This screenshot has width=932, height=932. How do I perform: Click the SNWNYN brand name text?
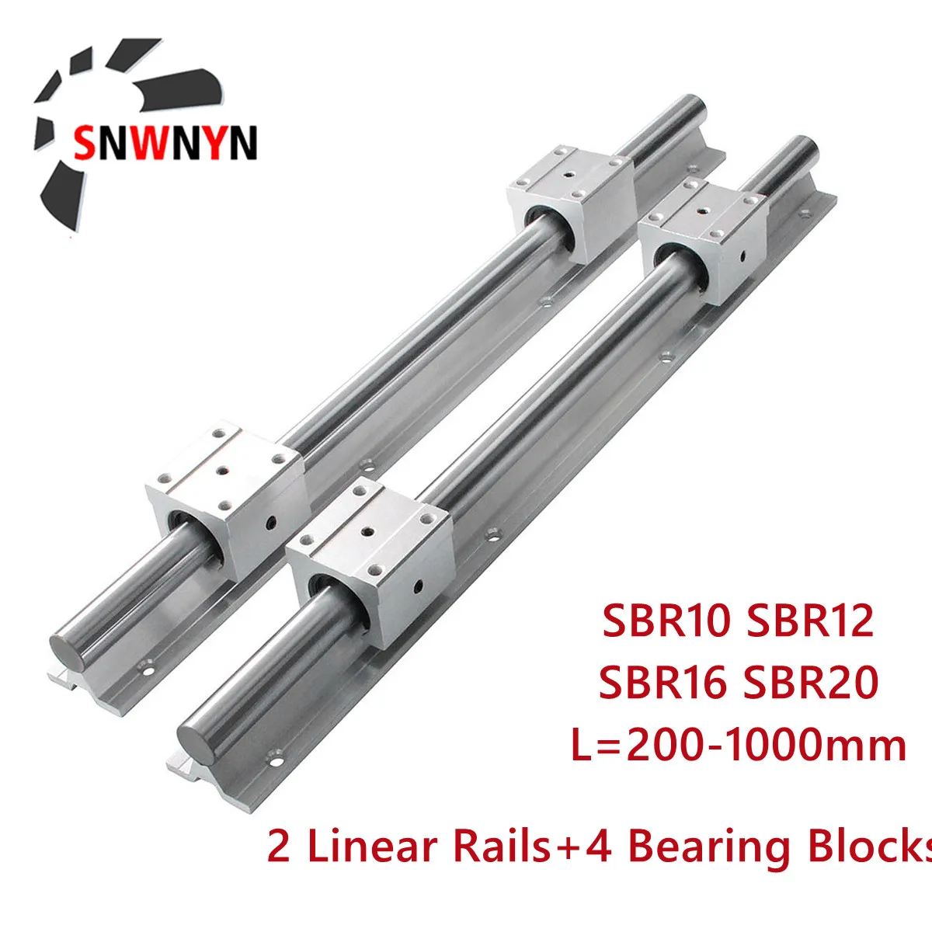click(x=165, y=143)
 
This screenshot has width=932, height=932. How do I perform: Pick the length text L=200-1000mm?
click(x=738, y=745)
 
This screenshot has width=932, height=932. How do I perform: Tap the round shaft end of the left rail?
click(x=71, y=645)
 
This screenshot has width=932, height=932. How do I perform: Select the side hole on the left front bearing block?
click(x=270, y=523)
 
